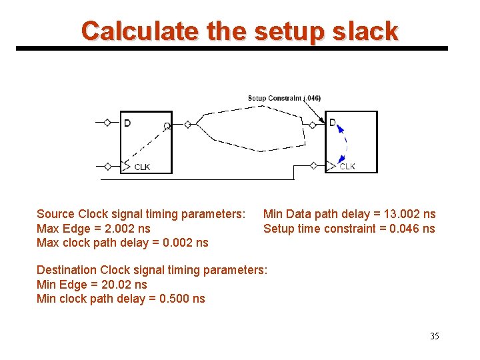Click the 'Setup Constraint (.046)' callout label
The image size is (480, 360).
pos(284,98)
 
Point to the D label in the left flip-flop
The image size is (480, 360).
pos(127,123)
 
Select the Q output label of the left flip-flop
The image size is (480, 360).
pos(167,125)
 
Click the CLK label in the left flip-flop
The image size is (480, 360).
pos(142,167)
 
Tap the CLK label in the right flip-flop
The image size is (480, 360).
pos(347,167)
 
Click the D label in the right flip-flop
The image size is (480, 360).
pos(333,123)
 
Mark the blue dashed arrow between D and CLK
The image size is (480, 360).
pos(344,144)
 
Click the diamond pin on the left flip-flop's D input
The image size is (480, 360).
pos(107,123)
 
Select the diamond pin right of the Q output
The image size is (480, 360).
pos(188,124)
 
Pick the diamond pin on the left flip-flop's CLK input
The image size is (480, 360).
pos(107,166)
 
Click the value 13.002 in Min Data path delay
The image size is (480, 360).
pos(397,214)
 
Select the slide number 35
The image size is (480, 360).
pos(435,336)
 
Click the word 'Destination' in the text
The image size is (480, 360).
pos(67,270)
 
